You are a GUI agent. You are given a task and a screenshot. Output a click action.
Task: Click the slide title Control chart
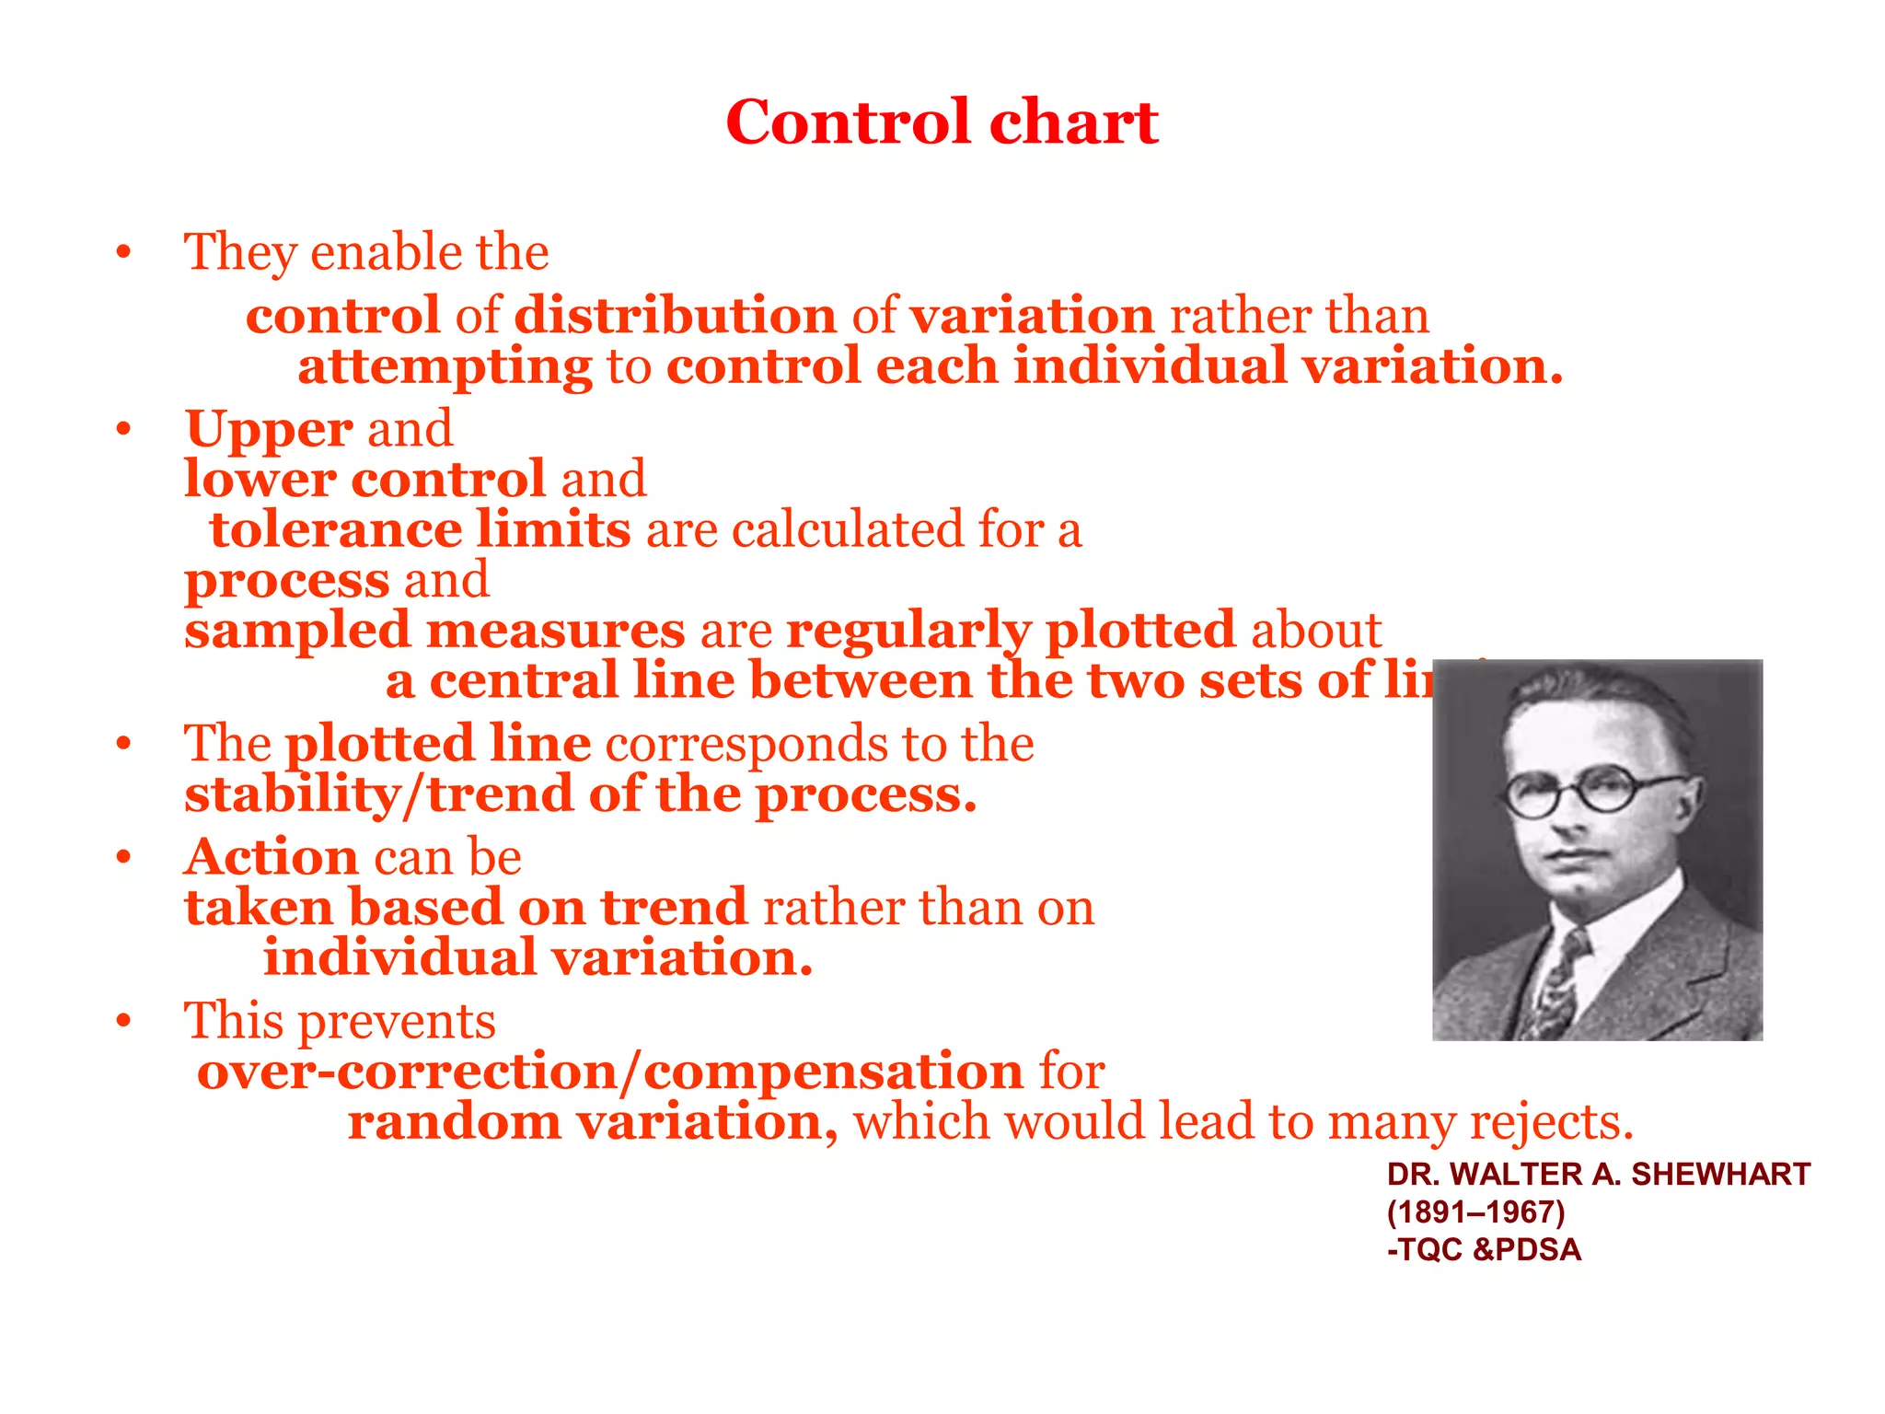tap(942, 122)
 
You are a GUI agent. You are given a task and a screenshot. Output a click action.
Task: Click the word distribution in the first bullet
tap(675, 316)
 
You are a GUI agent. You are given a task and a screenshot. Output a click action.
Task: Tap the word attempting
tap(445, 367)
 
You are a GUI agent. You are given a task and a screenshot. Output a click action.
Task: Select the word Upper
tap(269, 429)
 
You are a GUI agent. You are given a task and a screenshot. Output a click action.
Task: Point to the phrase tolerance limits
tap(420, 529)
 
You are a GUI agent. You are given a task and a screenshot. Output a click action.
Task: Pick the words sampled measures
tap(434, 631)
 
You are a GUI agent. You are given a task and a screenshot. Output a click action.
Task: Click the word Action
tap(271, 857)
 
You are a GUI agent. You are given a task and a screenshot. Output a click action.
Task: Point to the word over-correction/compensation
tap(609, 1072)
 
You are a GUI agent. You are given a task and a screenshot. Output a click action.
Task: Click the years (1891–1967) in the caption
tap(1475, 1212)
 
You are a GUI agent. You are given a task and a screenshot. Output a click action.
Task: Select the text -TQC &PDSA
tap(1484, 1250)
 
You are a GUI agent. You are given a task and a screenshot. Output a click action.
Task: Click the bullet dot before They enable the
tap(124, 252)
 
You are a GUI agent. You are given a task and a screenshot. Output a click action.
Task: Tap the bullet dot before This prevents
tap(124, 1021)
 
